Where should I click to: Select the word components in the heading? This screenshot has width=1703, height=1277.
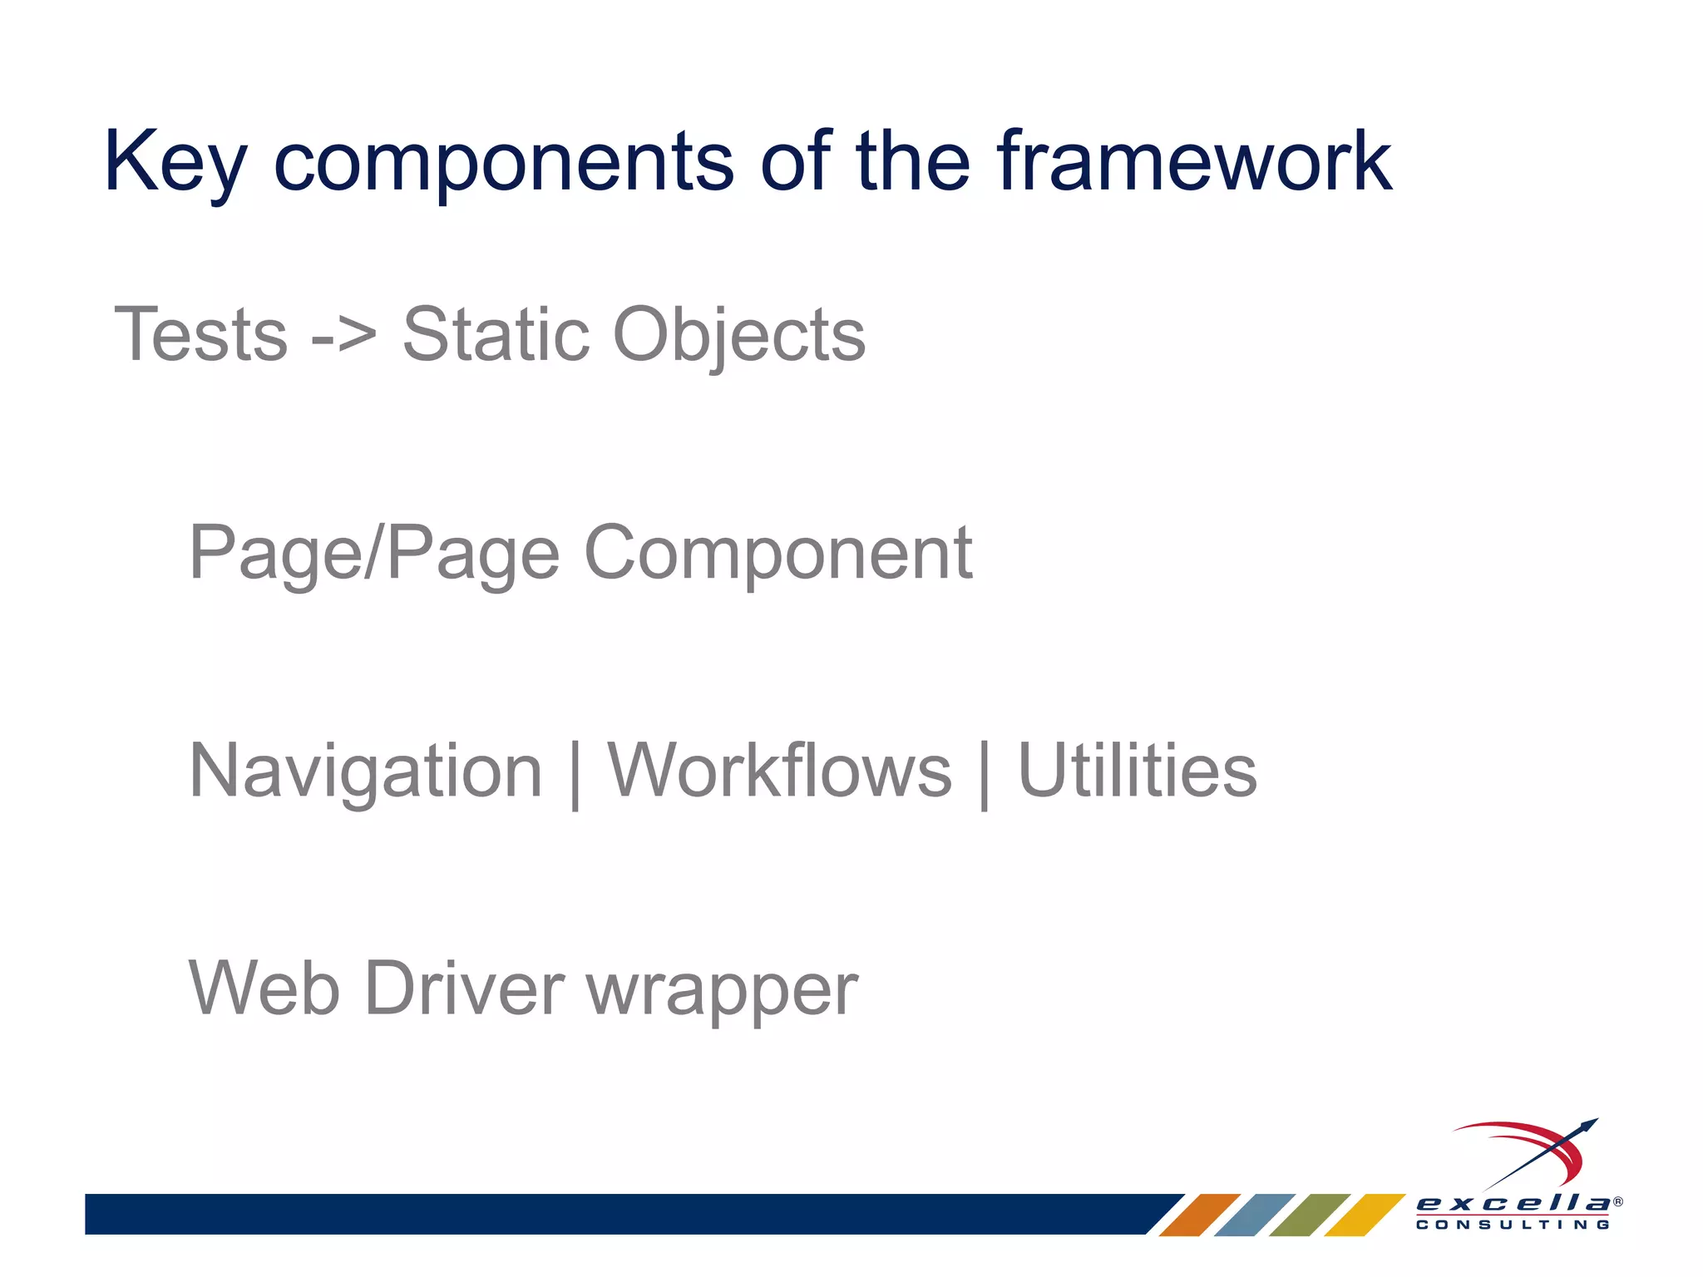[503, 163]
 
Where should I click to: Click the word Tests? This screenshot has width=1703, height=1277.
[201, 334]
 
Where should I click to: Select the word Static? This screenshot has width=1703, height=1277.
[496, 334]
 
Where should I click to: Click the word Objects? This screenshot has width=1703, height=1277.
[739, 336]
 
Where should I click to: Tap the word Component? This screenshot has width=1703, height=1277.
[778, 554]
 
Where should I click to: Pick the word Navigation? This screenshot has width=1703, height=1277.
[366, 772]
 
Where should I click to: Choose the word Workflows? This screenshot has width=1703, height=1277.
[779, 771]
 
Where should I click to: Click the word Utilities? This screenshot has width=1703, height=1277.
[1137, 771]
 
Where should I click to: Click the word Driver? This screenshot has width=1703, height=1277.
[466, 989]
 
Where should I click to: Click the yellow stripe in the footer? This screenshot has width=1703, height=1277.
[1365, 1215]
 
